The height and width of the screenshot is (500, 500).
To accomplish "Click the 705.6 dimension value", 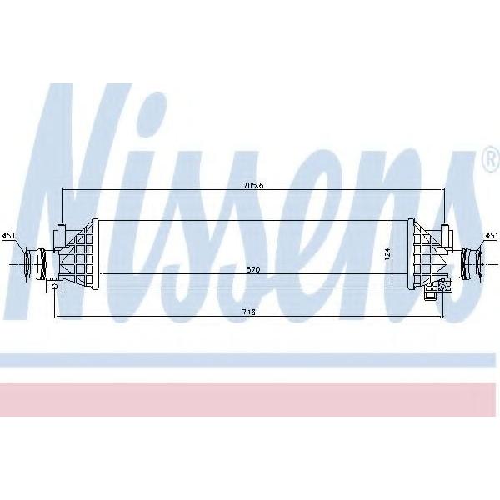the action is click(x=253, y=185).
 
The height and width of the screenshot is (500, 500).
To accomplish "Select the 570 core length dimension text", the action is click(x=253, y=269).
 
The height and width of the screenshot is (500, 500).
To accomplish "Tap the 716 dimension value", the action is click(x=248, y=312).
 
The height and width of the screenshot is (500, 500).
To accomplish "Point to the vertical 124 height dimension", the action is click(x=387, y=254).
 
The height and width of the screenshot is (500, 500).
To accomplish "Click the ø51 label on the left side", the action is click(x=8, y=236).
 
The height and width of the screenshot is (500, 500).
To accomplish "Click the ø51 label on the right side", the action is click(x=492, y=236).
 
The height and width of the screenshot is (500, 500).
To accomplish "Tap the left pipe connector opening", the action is click(x=28, y=264).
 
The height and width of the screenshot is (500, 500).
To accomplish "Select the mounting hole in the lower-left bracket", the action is click(x=55, y=287).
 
